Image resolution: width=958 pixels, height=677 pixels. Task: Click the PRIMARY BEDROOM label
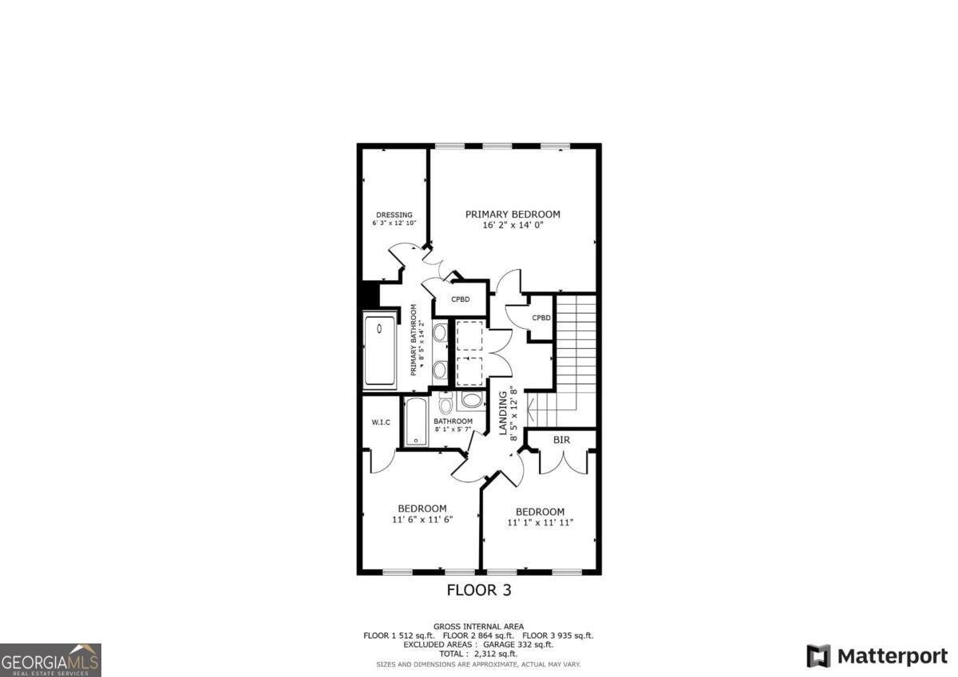pos(513,214)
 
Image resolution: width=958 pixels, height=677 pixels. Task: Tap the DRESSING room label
pos(394,215)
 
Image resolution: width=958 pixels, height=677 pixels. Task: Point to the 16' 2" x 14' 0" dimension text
pos(513,225)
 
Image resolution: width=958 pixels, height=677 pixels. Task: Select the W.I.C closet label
pos(380,422)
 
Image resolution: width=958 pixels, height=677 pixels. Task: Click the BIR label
pos(561,440)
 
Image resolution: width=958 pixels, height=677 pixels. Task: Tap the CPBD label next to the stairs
pos(541,318)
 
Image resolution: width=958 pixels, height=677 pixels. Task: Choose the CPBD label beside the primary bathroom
pos(460,299)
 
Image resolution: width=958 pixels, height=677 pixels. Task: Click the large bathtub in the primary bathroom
pos(380,351)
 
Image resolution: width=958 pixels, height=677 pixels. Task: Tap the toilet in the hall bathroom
pos(445,405)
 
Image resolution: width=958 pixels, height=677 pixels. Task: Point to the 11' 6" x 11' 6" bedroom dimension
pos(422,519)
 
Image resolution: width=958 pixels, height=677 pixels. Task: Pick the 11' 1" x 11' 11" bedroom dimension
pos(540,523)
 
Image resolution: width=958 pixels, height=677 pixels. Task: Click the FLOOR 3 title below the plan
pos(477,591)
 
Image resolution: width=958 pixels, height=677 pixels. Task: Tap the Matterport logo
pos(877,656)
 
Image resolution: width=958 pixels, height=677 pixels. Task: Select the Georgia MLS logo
pos(50,659)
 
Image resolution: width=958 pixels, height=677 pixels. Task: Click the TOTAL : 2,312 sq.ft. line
pos(478,653)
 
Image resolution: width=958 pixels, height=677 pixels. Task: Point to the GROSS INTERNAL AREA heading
pos(478,627)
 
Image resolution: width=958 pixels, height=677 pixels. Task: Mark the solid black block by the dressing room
pos(368,294)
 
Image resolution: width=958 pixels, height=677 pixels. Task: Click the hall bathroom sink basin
pos(472,400)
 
